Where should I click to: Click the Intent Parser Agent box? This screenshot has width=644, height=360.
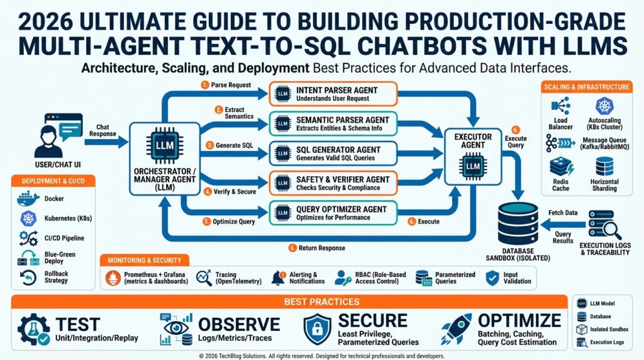click(x=333, y=94)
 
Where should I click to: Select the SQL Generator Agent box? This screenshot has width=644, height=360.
click(x=333, y=153)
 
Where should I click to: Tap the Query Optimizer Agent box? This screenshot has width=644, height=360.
click(x=333, y=213)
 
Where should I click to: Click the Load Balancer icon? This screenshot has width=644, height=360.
click(x=559, y=107)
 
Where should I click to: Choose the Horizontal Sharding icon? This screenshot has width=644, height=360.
click(x=605, y=167)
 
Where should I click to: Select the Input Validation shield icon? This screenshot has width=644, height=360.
click(x=492, y=277)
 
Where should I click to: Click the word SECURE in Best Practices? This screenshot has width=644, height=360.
click(x=373, y=320)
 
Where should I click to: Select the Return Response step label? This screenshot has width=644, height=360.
click(x=321, y=248)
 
